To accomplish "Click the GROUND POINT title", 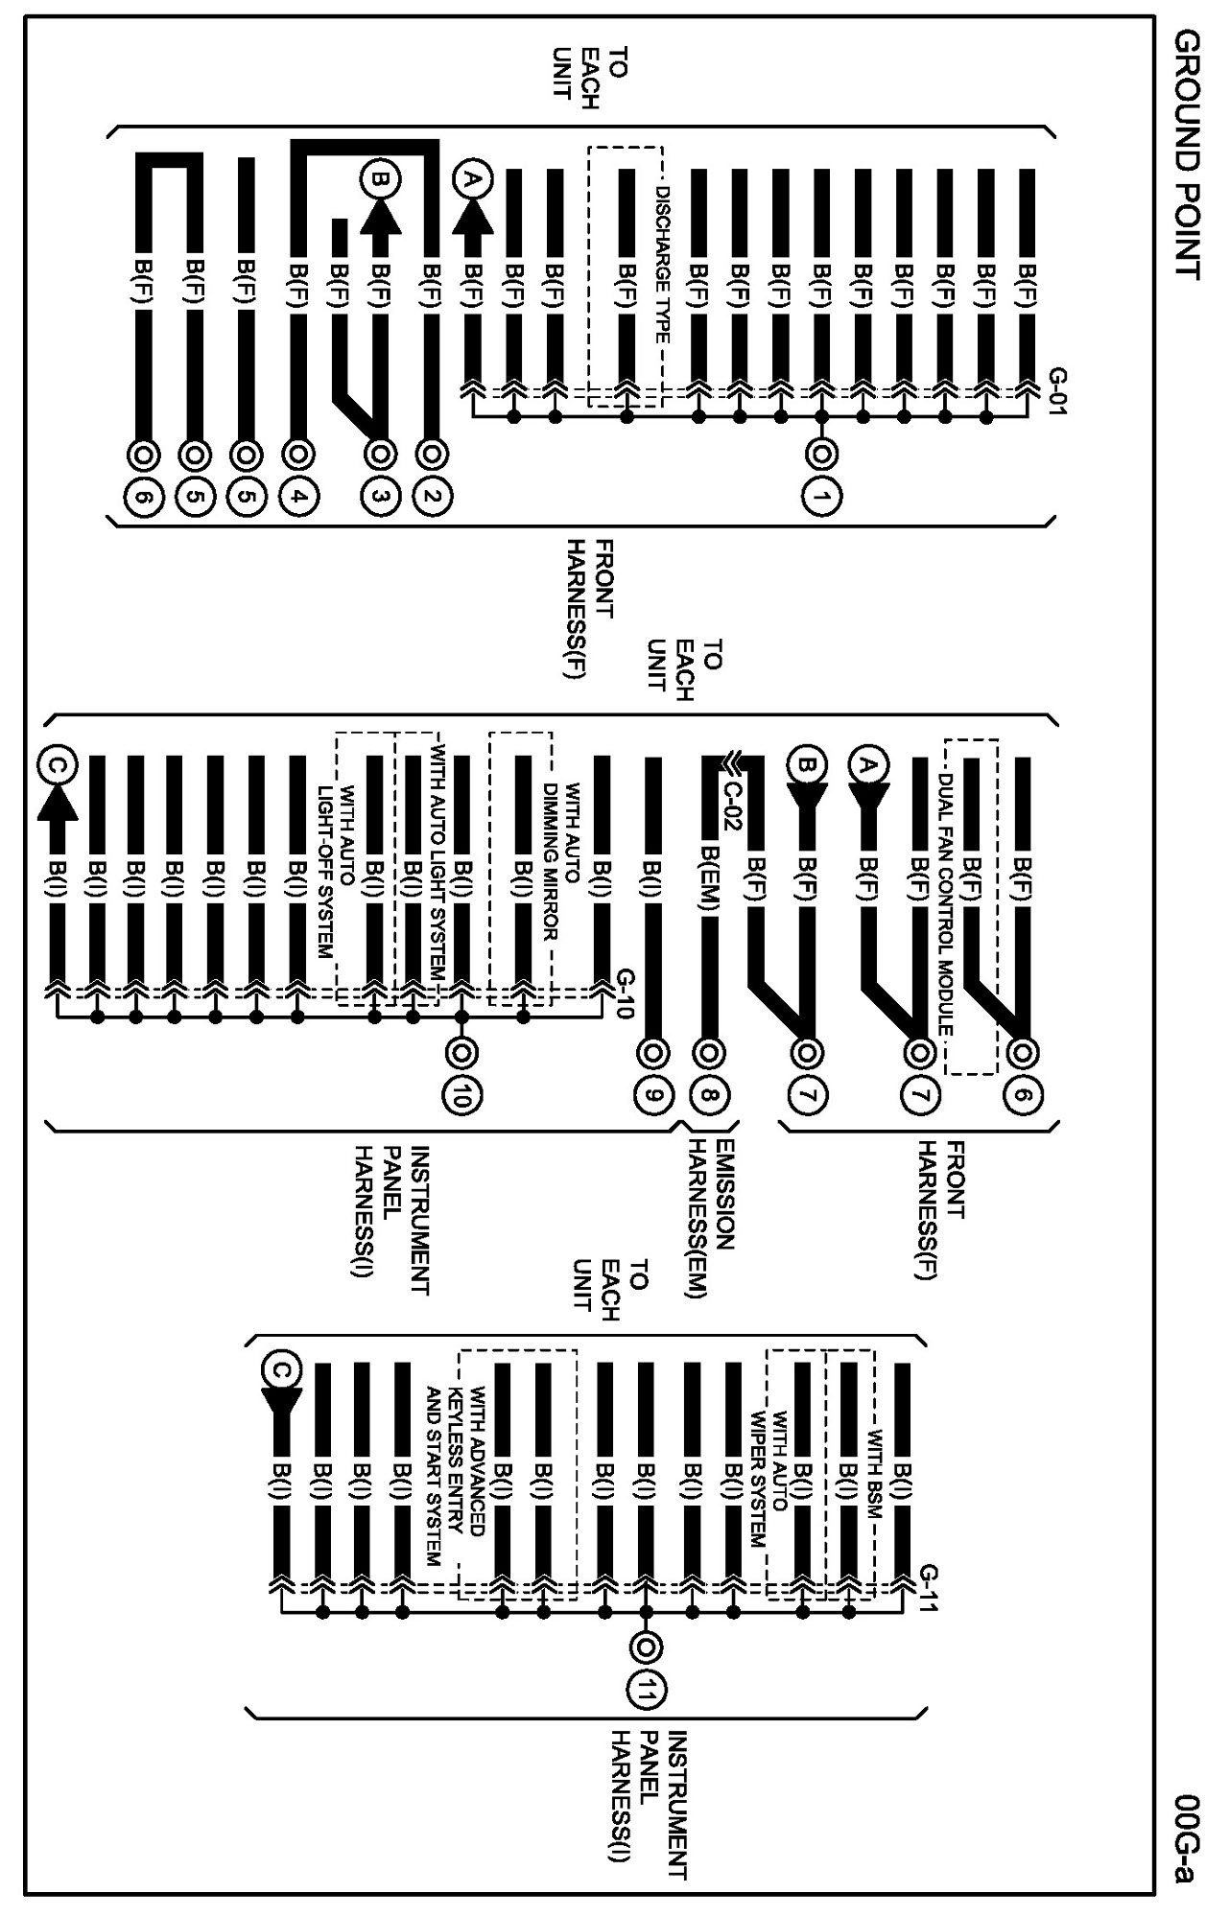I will coord(1186,153).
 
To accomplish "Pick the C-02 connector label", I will coord(732,800).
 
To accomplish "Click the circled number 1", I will coord(821,497).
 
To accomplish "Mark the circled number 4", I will coord(299,497).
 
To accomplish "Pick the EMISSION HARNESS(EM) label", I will coord(711,1218).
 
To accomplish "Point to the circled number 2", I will coord(433,497).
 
